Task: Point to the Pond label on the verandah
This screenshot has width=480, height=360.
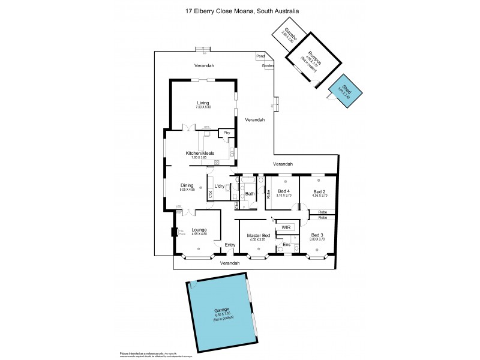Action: coord(260,56)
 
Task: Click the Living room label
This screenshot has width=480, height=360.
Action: coord(203,103)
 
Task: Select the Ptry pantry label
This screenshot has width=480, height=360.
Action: coord(227,133)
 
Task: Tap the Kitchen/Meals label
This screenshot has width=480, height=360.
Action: coord(200,154)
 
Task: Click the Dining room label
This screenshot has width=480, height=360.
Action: coord(187,186)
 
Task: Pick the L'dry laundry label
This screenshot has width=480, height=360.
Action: coord(220,186)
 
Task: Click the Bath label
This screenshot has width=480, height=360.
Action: coord(250,193)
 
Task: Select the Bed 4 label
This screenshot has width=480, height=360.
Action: coord(284,191)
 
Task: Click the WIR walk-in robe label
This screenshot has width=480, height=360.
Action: coord(286,228)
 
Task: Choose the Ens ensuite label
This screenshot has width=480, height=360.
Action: coord(287,244)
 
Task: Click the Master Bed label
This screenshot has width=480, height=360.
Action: coord(259,236)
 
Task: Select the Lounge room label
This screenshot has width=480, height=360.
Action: coord(199,230)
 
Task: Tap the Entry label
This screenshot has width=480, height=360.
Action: coord(230,245)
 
